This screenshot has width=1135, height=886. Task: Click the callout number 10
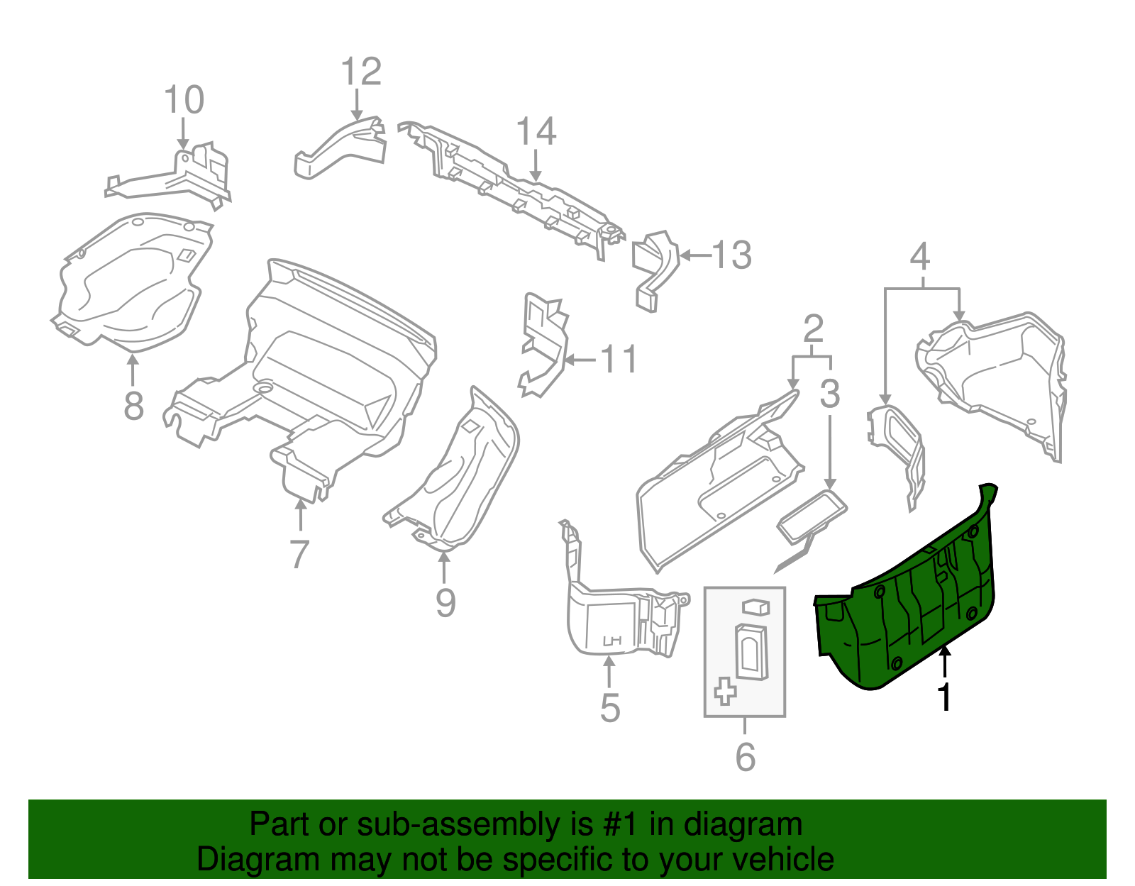click(184, 100)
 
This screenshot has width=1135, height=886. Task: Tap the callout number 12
click(361, 72)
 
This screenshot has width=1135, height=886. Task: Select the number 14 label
click(536, 132)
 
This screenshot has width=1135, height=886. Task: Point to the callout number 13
click(731, 255)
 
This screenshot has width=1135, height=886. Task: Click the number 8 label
click(133, 406)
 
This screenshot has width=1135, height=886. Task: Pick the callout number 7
click(299, 554)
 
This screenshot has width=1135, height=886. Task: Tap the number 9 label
click(445, 603)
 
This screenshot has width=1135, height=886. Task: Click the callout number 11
click(619, 360)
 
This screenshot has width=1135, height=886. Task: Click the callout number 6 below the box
click(745, 757)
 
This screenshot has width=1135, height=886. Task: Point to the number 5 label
click(609, 708)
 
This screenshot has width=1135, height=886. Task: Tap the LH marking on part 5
click(611, 641)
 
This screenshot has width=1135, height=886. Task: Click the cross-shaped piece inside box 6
click(724, 690)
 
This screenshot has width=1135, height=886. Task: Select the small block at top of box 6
click(755, 607)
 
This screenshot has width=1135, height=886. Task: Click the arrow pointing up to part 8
click(133, 369)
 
